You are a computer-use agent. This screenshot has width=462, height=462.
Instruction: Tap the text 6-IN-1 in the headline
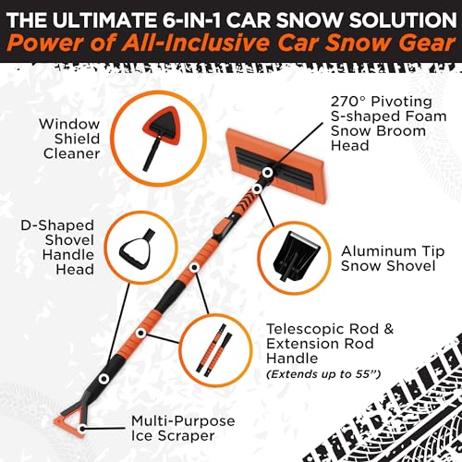(x=186, y=17)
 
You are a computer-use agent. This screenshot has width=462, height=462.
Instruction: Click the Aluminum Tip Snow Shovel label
(x=385, y=258)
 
